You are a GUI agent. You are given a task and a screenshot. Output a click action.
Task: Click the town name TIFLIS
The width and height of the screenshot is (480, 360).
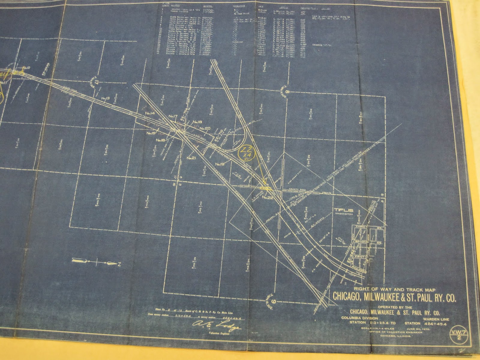point(344,211)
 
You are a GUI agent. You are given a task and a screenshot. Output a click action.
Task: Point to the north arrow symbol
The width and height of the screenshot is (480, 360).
point(96,263)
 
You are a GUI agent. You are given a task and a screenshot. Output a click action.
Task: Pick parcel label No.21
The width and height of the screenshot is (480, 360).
point(191,158)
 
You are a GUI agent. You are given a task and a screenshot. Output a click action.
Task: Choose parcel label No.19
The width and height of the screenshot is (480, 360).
point(220,164)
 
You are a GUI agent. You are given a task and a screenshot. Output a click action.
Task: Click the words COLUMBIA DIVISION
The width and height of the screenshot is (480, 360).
point(359,318)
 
